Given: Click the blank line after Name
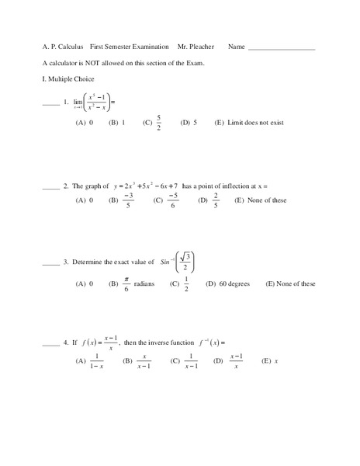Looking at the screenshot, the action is (x=281, y=49).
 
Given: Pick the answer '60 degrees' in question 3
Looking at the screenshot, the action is (x=231, y=284).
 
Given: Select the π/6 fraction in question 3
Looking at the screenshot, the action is (x=126, y=284).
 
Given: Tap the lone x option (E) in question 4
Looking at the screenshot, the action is (x=276, y=361).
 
